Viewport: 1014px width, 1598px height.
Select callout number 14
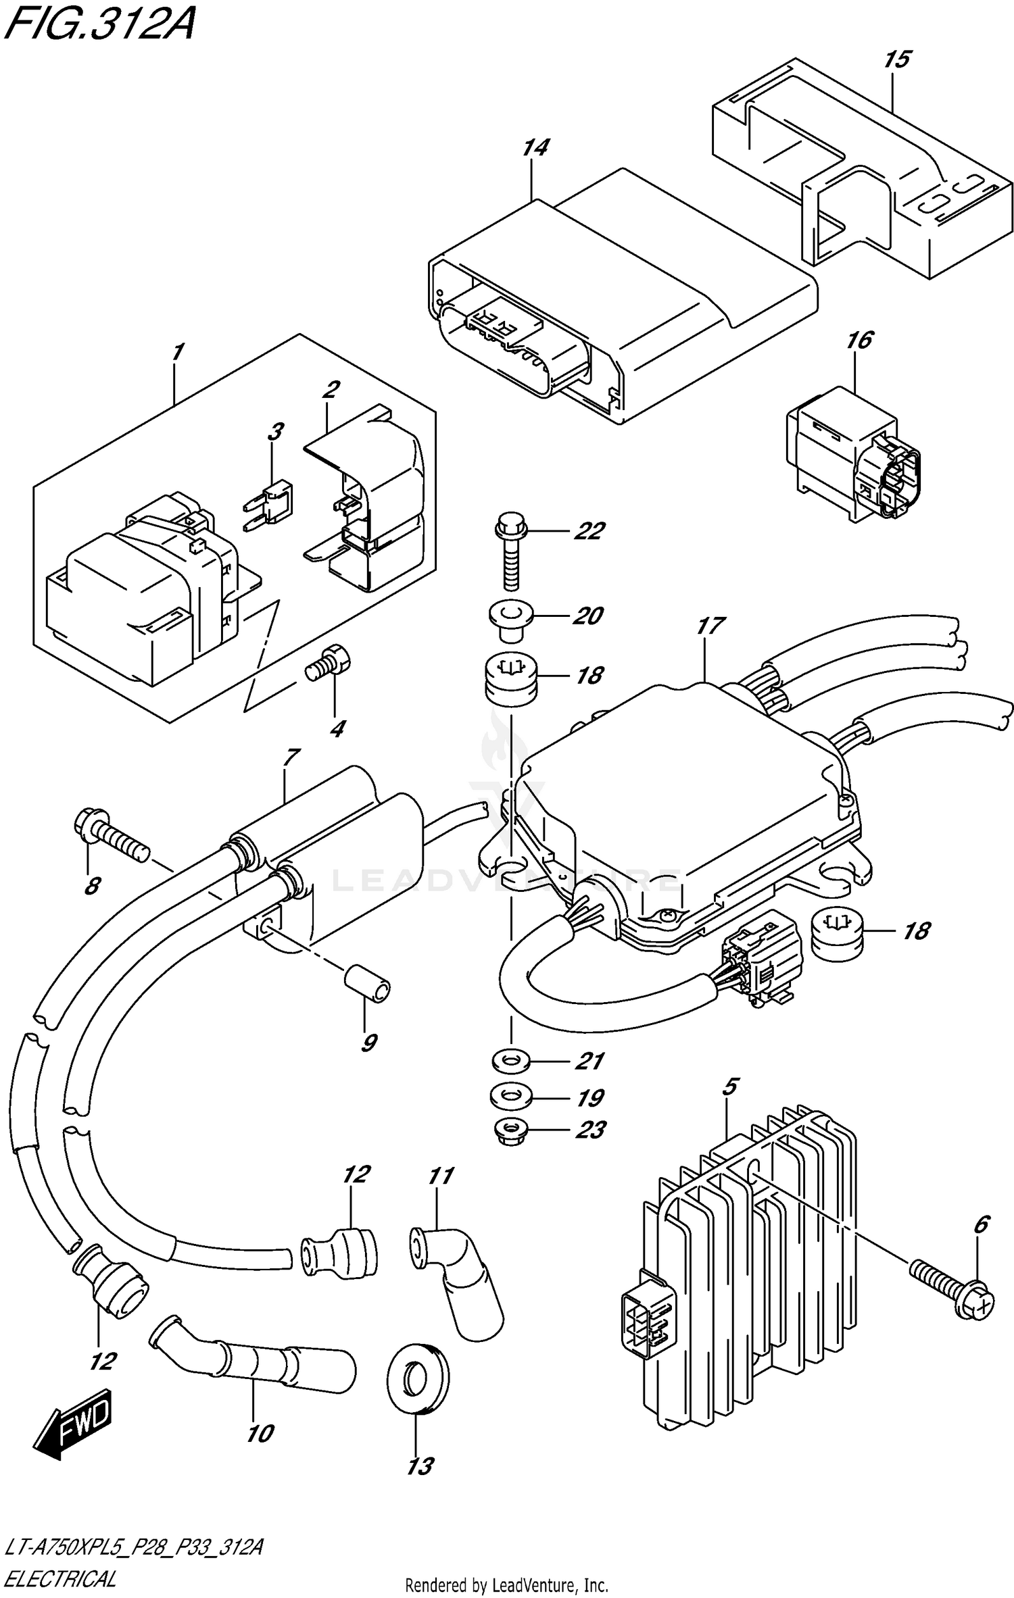click(x=535, y=148)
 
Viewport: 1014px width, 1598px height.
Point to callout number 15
click(x=896, y=59)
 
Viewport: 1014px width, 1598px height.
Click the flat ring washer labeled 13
click(x=418, y=1378)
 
